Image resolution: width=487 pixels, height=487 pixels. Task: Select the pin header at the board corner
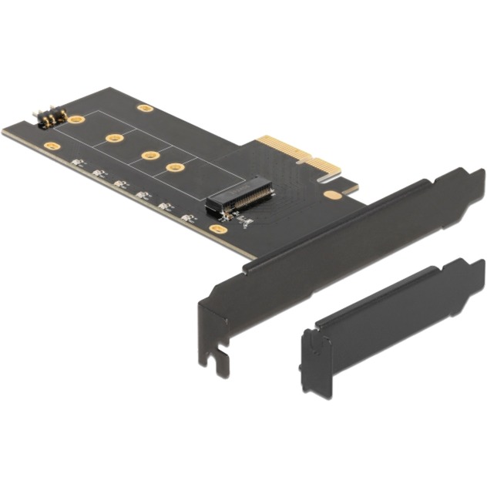pos(47,118)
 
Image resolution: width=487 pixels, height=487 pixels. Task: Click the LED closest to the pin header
pos(76,163)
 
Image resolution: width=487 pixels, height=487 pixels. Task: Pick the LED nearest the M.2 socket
pos(186,218)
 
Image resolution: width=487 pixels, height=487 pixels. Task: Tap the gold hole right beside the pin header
pos(76,119)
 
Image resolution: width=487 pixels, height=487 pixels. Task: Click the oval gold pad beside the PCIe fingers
pos(332,195)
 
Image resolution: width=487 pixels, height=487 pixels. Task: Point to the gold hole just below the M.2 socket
pos(220,229)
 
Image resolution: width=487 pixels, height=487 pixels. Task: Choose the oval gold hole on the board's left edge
pos(51,145)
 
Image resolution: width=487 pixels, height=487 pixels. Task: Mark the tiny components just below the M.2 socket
pos(243,222)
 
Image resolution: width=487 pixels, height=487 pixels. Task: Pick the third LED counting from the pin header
pos(120,184)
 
